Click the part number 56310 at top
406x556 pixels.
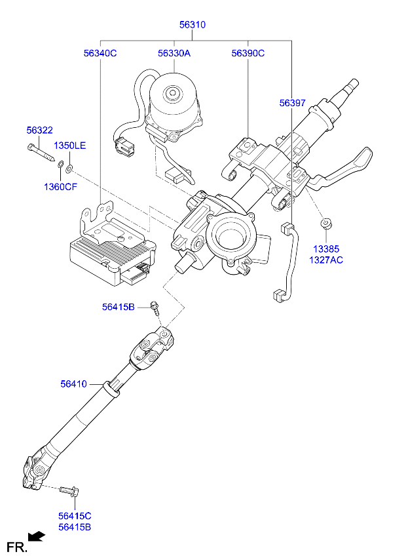(x=193, y=25)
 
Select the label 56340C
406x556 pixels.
(x=100, y=53)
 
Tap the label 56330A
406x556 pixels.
(x=174, y=53)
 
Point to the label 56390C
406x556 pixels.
(x=248, y=53)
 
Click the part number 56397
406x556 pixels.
(x=292, y=103)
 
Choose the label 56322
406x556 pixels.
(x=39, y=130)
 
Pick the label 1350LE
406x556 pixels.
(x=69, y=145)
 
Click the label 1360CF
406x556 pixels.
(x=60, y=187)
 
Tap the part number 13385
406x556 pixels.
(x=326, y=249)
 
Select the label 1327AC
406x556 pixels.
(x=326, y=260)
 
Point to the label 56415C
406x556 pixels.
(x=74, y=516)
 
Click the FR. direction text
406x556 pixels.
(x=16, y=546)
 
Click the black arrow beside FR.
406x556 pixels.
(x=39, y=537)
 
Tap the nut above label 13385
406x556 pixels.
(x=326, y=225)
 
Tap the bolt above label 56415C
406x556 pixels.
(x=68, y=490)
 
